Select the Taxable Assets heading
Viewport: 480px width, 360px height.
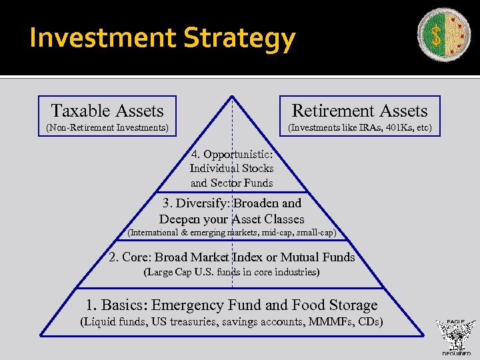tap(107, 111)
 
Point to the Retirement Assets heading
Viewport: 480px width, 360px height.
tap(359, 111)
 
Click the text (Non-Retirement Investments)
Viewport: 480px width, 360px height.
tap(107, 127)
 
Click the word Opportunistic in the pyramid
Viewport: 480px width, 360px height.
tap(235, 155)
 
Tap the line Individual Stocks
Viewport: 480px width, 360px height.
tap(231, 169)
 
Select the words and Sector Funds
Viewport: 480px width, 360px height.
tap(231, 183)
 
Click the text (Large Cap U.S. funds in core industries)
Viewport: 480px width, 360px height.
tap(231, 272)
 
